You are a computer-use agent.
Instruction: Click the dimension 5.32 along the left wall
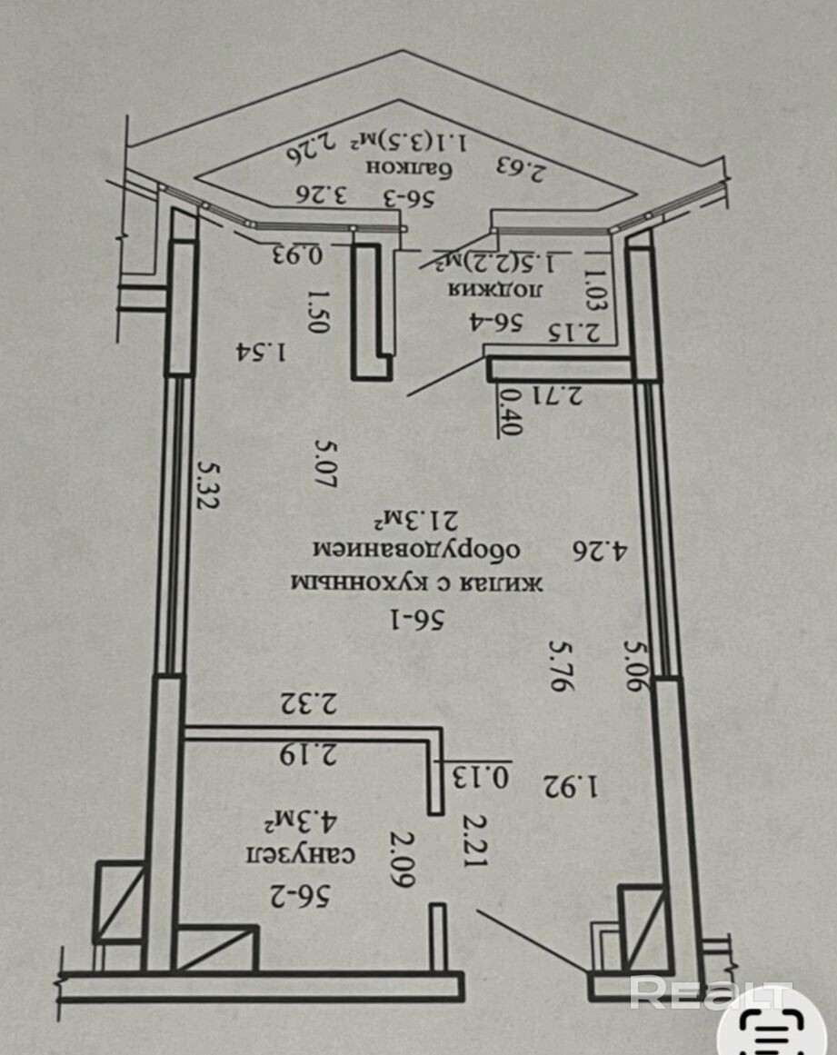(209, 483)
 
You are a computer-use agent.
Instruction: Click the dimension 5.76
(563, 664)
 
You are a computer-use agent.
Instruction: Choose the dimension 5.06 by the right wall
(637, 664)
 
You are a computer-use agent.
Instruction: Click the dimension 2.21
(473, 840)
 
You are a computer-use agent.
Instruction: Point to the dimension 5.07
(326, 463)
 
